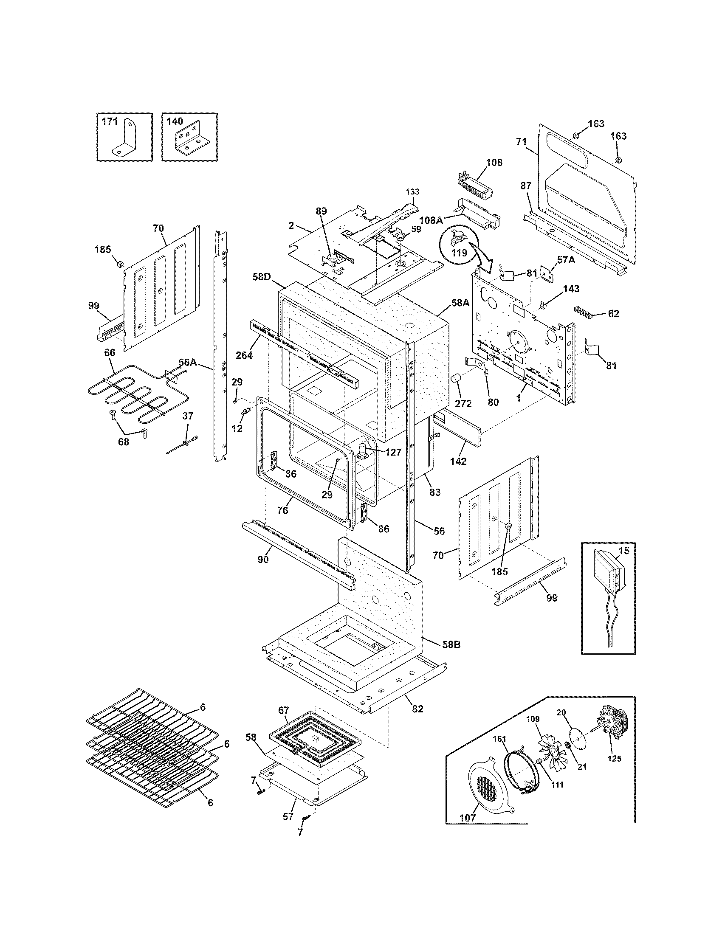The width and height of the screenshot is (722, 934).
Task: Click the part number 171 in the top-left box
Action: [x=110, y=122]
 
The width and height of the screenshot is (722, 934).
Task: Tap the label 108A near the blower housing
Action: [x=431, y=220]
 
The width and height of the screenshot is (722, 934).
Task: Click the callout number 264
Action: [x=244, y=355]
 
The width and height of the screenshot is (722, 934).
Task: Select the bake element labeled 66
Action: [x=128, y=394]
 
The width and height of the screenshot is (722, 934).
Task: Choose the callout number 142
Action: [x=458, y=461]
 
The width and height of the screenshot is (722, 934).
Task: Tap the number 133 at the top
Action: [x=413, y=192]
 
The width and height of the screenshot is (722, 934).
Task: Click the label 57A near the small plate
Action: [x=566, y=259]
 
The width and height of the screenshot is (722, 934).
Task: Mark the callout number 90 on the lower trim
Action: [x=263, y=559]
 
